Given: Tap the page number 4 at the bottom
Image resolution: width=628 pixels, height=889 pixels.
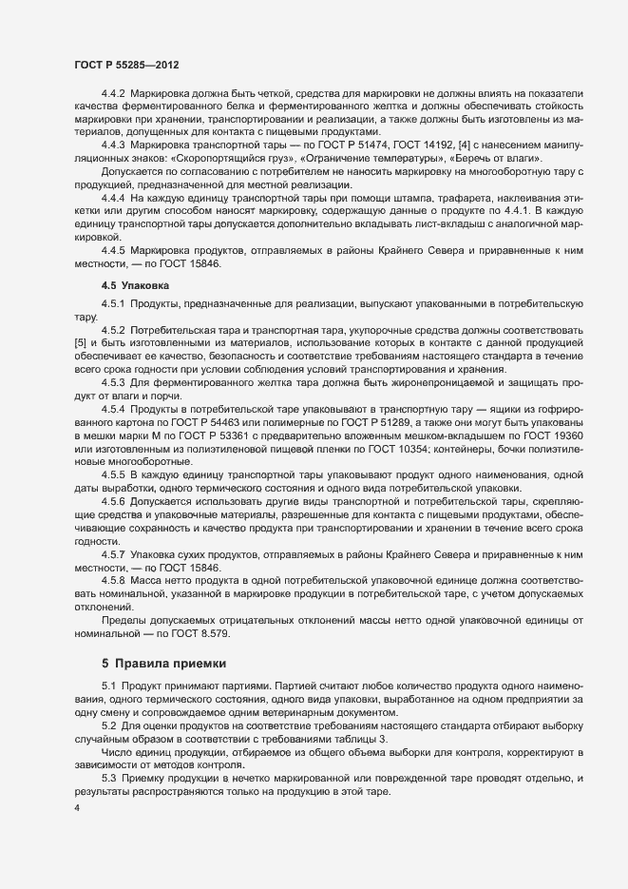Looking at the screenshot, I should point(77,807).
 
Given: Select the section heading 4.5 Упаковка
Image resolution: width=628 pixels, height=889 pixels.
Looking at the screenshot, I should point(135,284).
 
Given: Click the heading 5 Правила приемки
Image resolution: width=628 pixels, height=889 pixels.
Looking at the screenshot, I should point(162,663).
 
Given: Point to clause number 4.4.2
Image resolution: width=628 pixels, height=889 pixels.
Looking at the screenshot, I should point(114,97).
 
